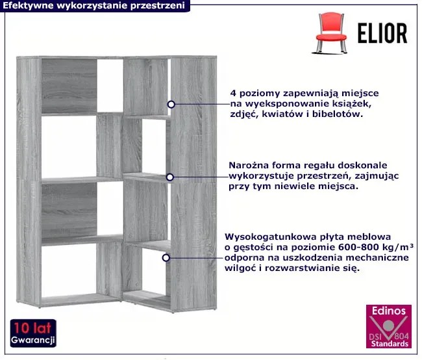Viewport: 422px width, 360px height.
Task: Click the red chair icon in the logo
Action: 330,33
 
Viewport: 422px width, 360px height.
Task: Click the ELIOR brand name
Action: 382,33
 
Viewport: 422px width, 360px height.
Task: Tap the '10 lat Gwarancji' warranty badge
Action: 33,333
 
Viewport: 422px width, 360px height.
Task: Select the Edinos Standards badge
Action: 389,326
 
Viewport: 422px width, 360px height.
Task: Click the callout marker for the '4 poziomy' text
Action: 171,104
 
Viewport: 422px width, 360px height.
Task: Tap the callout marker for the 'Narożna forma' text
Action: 170,177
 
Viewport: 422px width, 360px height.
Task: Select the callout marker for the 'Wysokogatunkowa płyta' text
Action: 166,258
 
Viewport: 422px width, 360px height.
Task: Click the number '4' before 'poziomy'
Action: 233,93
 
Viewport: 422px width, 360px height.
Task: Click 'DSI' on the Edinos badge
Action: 375,337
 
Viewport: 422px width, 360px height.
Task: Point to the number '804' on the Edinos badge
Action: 402,337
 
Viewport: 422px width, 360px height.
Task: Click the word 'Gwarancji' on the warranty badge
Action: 33,340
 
